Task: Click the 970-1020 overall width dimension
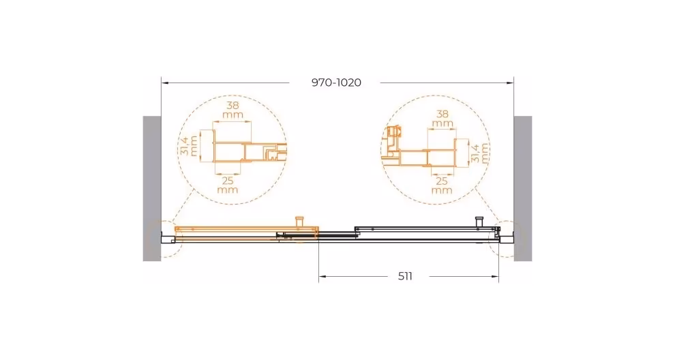pos(336,82)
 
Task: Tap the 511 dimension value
pos(405,276)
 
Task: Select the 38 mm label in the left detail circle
pos(232,110)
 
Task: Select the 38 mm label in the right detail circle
pos(442,119)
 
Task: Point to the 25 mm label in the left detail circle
pos(228,185)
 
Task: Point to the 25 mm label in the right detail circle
pos(442,185)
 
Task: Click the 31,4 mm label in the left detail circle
pos(189,145)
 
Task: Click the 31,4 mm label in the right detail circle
pos(480,153)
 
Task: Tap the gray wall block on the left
pos(151,188)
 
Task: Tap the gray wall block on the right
pos(523,188)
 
